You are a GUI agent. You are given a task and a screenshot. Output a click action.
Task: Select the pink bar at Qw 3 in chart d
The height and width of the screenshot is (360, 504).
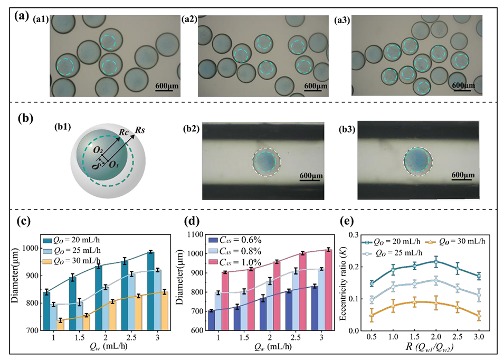313,289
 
